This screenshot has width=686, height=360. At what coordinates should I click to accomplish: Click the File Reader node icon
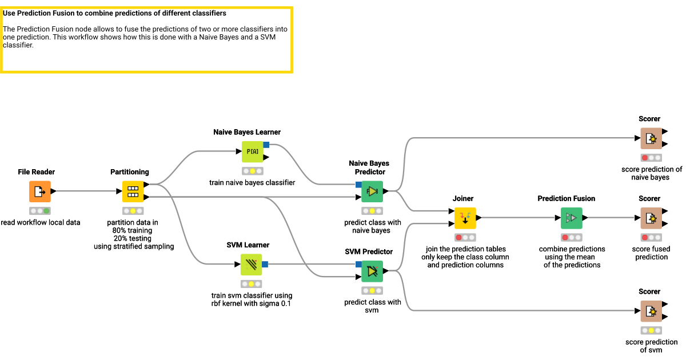point(40,191)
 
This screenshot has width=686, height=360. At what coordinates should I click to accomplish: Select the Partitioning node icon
point(133,191)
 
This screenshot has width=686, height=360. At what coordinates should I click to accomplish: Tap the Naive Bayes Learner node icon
point(252,152)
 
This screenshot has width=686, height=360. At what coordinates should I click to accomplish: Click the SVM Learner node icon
point(251,265)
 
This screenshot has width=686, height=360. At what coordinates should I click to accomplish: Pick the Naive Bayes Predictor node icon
point(372,191)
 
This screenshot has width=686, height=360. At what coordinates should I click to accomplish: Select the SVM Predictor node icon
point(372,271)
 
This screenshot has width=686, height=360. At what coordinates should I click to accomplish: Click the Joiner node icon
point(465,218)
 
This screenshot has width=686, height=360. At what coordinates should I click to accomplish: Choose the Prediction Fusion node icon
point(571,218)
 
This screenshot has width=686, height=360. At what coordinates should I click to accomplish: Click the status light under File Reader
point(40,211)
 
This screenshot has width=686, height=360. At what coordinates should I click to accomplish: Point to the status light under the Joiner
point(465,237)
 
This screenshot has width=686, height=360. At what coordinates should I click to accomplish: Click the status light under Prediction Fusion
point(571,237)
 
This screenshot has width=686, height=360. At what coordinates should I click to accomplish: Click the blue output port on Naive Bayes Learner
point(266,145)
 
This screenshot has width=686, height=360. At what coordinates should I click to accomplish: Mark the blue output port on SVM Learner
point(265,264)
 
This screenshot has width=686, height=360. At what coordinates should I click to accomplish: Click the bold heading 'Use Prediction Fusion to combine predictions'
point(114,13)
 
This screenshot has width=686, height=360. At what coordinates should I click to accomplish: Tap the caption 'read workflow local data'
point(41,222)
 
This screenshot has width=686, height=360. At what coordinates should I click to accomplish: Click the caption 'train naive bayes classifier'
point(252,183)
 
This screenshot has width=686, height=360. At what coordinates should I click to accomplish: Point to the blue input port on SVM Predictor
point(358,264)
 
